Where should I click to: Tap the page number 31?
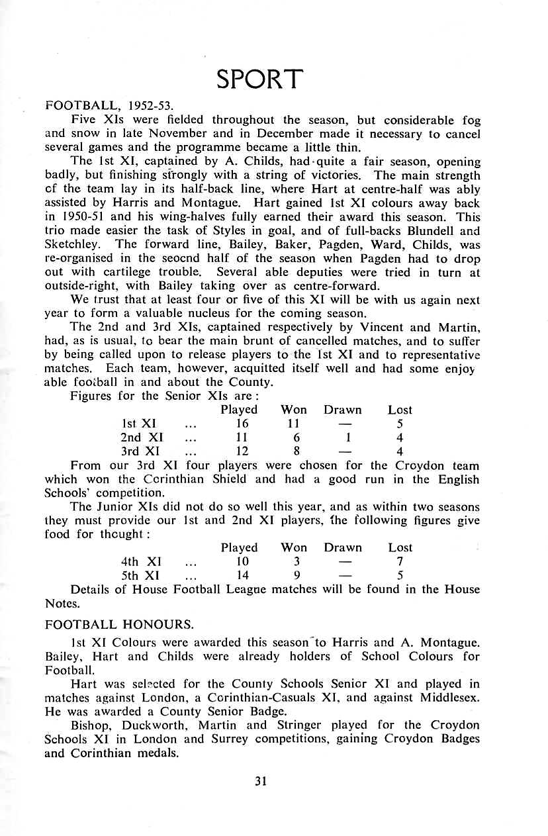260,781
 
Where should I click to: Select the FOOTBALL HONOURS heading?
119,624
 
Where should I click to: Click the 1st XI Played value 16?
242,424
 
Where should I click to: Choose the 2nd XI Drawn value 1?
347,438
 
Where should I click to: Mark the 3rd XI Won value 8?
297,451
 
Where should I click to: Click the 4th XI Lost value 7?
400,561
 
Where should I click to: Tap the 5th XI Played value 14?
242,575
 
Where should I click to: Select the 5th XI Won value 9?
297,575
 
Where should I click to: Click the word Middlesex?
449,698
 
